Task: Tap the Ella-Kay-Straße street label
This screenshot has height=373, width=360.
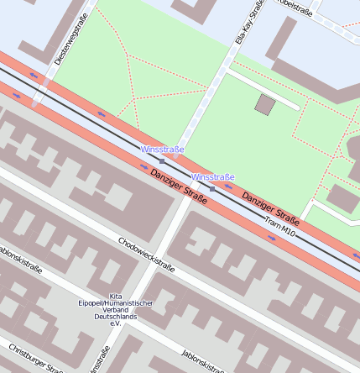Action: click(x=248, y=21)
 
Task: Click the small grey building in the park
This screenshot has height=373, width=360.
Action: click(x=265, y=105)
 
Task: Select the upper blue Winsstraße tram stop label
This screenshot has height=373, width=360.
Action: click(x=163, y=150)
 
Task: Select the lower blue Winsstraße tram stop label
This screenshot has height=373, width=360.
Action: click(x=213, y=177)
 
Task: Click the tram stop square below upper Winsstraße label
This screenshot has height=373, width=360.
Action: click(x=162, y=160)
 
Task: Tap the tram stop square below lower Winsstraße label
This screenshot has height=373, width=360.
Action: click(x=213, y=189)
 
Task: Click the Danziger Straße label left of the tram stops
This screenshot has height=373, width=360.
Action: click(x=180, y=186)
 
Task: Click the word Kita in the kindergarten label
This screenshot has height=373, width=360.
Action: click(x=116, y=295)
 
